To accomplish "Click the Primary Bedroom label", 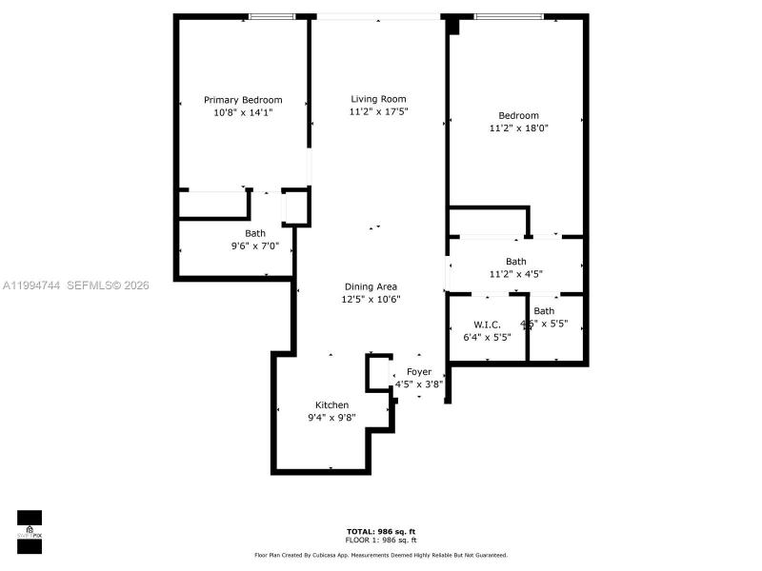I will [x=243, y=100].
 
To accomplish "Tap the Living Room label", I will [x=378, y=99].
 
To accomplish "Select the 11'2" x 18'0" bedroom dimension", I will [x=519, y=128].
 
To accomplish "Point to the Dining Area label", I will [x=371, y=286].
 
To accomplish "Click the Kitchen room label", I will [x=332, y=405].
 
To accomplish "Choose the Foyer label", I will [x=419, y=372].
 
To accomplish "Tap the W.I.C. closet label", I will [x=487, y=325].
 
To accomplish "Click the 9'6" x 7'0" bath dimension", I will [x=254, y=246].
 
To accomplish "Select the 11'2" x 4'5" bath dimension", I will [x=515, y=274].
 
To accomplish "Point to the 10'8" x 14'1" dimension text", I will [x=243, y=112].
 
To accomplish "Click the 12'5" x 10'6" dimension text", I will [x=371, y=299].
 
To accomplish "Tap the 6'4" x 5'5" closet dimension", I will [x=487, y=337].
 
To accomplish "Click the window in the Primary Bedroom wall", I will [x=271, y=16].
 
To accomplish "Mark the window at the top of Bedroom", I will [x=509, y=16].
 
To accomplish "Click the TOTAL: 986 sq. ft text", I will [x=380, y=531].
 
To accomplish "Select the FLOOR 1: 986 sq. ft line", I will [x=380, y=539].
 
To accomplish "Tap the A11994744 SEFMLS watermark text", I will [x=76, y=285].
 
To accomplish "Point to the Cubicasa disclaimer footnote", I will [x=380, y=555].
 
